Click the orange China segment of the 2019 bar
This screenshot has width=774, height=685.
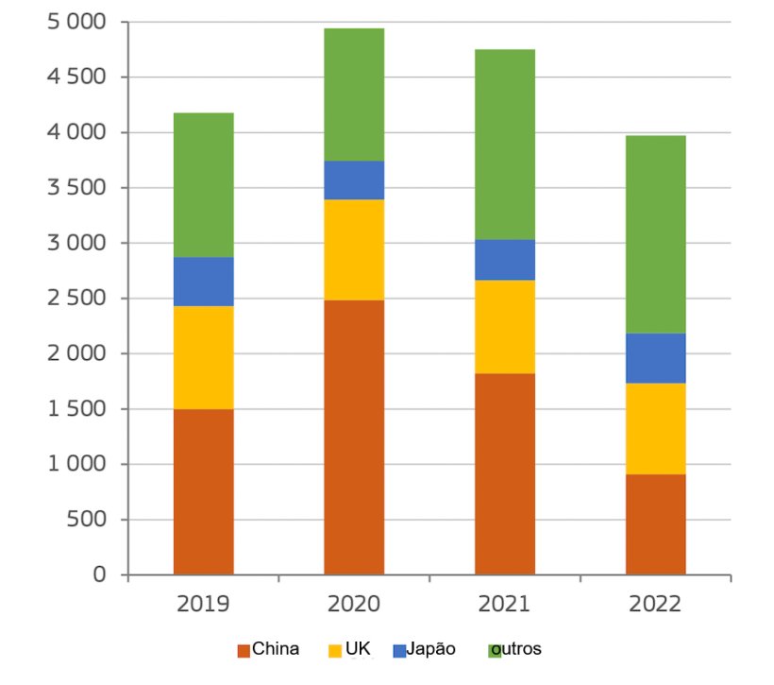click(x=204, y=491)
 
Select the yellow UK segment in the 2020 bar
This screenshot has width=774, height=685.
click(x=354, y=249)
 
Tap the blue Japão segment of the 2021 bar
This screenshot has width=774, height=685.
click(x=505, y=260)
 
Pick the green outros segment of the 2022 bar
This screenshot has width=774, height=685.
click(x=656, y=234)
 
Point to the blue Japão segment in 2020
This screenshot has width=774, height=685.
click(x=354, y=180)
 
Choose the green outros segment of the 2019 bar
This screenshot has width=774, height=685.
click(x=204, y=185)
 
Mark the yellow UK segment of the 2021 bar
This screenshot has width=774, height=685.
click(x=505, y=327)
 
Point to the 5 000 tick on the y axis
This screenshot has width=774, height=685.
click(x=76, y=22)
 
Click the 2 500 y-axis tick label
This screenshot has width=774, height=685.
click(x=76, y=299)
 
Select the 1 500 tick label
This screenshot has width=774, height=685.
click(x=76, y=409)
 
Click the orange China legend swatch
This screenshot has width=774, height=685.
click(x=244, y=650)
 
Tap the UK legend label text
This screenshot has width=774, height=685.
click(x=358, y=649)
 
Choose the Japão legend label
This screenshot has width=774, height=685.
click(x=433, y=649)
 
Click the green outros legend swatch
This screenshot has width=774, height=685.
click(x=495, y=650)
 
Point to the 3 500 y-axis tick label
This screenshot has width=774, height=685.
click(x=76, y=188)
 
